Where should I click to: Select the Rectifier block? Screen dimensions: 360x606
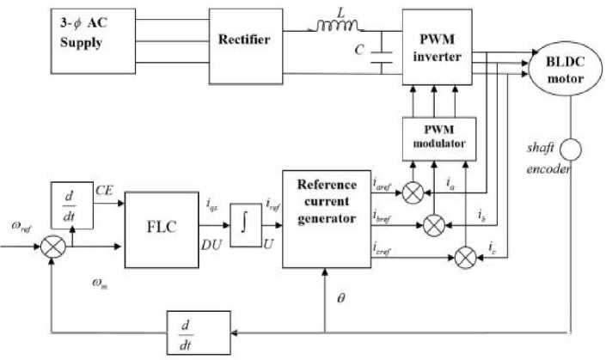243,40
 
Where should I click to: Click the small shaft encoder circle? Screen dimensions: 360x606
570,150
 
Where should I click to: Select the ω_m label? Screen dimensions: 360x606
101,281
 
